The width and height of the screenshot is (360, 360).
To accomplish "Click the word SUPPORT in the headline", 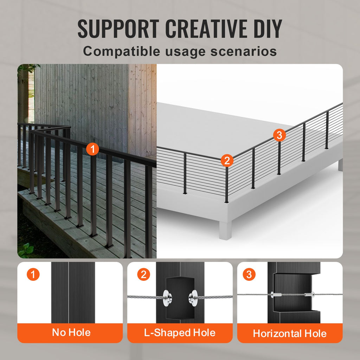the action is point(118,28).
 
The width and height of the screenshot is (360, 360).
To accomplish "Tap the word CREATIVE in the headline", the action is point(206,28).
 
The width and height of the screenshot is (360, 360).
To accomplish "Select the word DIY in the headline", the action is point(268,28).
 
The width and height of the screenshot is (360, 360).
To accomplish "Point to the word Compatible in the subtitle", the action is point(121,51).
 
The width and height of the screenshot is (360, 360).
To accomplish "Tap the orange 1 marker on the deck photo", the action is point(92,149).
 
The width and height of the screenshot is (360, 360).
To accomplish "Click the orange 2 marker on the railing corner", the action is point(227,160).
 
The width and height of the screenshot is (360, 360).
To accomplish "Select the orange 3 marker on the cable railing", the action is point(279,135).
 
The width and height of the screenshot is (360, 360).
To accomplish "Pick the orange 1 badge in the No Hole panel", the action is point(33,274).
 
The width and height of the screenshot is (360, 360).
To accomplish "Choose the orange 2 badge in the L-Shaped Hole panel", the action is point(143,274).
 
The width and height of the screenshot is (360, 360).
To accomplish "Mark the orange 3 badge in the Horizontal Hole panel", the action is point(249,274).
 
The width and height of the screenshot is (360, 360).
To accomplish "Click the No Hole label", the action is point(71,333).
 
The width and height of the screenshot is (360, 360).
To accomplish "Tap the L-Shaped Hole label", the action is point(180,333).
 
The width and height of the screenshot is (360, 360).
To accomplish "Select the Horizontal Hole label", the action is point(290,333).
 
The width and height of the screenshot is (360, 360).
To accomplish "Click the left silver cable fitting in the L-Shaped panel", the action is point(167,298).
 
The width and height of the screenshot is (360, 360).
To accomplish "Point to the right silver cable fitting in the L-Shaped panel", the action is point(193,298).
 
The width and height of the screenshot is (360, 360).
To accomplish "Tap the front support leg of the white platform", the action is point(225,230).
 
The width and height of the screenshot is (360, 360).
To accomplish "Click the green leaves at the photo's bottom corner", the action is point(26,250).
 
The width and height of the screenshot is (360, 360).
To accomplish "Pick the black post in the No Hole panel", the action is point(73,292).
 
